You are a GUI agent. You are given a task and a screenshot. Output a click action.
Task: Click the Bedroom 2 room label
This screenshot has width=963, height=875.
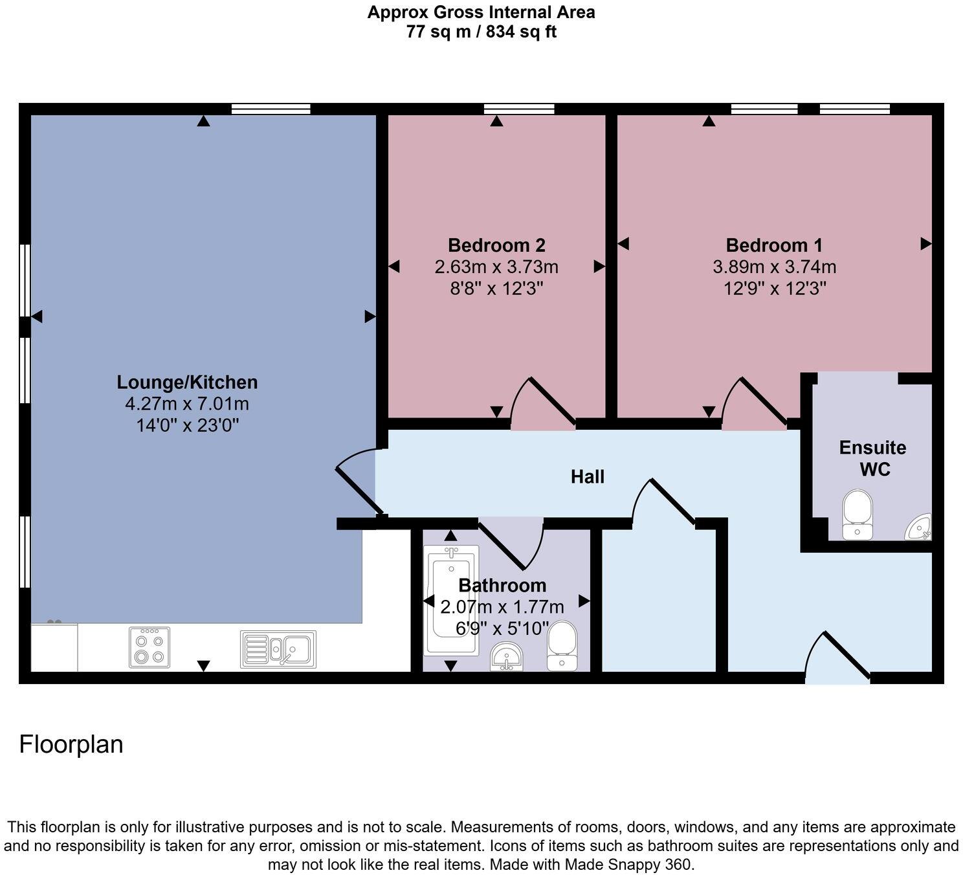click(496, 245)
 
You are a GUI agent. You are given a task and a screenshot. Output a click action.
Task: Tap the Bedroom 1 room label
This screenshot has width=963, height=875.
click(774, 245)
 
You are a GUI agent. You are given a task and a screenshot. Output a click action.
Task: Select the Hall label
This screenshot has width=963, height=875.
click(587, 477)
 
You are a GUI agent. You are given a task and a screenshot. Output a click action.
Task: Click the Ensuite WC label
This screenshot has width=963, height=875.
click(872, 458)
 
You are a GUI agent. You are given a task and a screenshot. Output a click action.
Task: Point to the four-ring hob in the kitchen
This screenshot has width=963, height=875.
click(149, 647)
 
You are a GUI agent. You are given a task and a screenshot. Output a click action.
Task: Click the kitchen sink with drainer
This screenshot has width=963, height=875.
click(278, 649)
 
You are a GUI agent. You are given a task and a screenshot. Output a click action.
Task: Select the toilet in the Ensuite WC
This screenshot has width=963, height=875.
click(858, 515)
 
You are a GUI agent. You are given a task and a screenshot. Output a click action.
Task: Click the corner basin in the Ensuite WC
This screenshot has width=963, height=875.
click(920, 527)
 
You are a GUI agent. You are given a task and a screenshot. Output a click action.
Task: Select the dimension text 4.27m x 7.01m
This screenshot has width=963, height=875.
click(187, 404)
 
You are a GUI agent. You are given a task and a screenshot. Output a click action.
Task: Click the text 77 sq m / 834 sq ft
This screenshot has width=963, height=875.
click(481, 32)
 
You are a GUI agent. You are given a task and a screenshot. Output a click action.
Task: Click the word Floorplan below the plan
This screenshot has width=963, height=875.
click(71, 744)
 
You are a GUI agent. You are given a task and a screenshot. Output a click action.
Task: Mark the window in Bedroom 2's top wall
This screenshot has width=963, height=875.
click(519, 109)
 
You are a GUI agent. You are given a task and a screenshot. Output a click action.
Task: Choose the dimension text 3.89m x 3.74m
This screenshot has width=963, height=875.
click(774, 267)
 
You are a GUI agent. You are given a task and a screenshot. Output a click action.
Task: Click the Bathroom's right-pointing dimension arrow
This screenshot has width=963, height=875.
click(584, 601)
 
